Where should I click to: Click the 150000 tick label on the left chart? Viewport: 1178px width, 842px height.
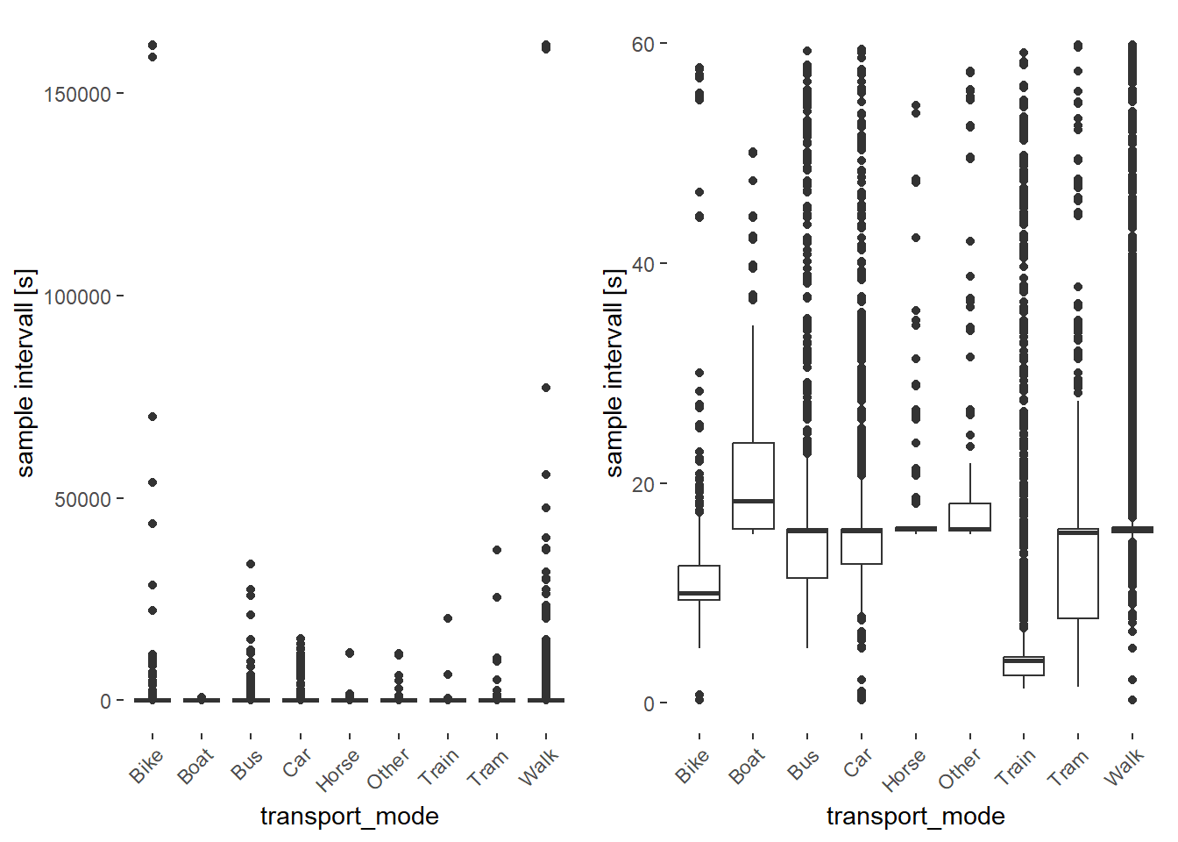[x=77, y=95]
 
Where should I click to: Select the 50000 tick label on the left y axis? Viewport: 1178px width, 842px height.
[x=82, y=500]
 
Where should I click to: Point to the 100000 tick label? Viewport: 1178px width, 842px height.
[x=77, y=297]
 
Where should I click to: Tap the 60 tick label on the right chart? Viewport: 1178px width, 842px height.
[x=643, y=45]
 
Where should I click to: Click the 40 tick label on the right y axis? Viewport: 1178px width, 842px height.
[x=643, y=264]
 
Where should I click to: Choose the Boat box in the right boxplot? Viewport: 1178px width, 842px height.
[x=753, y=486]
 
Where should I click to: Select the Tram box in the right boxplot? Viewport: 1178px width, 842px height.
[x=1077, y=574]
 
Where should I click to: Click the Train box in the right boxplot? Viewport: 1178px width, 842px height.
[x=1024, y=666]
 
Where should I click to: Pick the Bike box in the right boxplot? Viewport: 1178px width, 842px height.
[x=699, y=582]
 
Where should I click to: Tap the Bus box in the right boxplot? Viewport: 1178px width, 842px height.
[x=807, y=553]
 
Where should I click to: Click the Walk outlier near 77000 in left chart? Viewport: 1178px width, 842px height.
[x=546, y=388]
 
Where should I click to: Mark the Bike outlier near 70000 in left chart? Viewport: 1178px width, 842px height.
[x=153, y=417]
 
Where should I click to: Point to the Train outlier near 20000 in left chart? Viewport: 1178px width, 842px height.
[x=448, y=618]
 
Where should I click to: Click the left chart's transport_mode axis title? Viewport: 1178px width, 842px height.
[x=349, y=817]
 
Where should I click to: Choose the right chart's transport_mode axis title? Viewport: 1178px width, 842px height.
[x=915, y=817]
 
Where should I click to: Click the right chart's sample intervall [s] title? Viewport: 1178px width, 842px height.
[x=614, y=373]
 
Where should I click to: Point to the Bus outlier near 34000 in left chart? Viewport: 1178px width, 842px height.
[x=251, y=564]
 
